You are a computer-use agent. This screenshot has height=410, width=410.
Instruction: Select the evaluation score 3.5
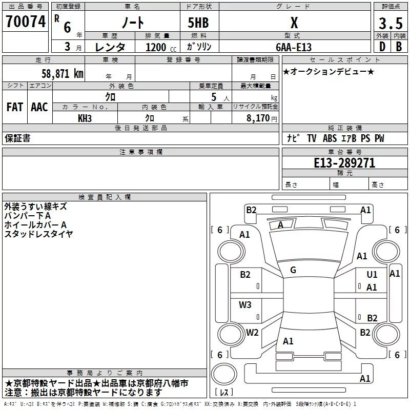click(390, 23)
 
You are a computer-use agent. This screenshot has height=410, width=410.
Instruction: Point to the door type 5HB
click(199, 23)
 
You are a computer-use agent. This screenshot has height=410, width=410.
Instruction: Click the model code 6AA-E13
click(294, 47)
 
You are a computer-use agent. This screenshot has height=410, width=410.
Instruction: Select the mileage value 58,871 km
click(63, 73)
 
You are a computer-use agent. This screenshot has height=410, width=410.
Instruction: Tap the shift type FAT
click(14, 107)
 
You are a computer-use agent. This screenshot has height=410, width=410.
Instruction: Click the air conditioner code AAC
click(39, 107)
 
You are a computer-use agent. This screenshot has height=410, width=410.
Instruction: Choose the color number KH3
click(85, 118)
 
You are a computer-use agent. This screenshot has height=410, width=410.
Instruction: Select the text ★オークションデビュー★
click(328, 71)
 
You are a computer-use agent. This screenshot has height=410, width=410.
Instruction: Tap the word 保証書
click(17, 138)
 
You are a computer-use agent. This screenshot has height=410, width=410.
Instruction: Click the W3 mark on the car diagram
click(245, 305)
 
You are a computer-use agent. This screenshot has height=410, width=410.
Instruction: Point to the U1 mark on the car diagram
click(372, 275)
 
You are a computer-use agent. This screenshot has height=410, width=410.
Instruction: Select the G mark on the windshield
click(293, 270)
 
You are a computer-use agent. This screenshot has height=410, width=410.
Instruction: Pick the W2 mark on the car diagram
click(252, 332)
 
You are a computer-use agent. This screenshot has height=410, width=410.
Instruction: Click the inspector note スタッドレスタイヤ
click(38, 234)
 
